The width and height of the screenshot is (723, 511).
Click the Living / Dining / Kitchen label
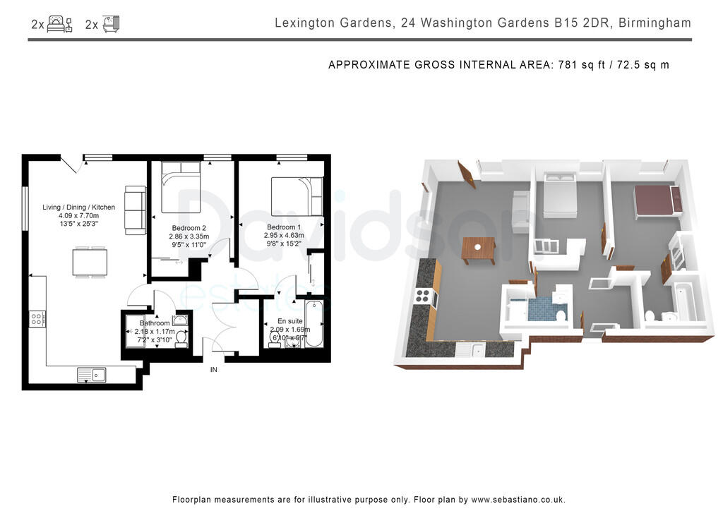78,208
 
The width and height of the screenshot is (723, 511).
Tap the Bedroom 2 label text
189,228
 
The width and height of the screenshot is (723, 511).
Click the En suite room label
289,321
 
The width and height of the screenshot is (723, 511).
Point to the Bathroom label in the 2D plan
155,323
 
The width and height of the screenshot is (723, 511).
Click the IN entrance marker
213,369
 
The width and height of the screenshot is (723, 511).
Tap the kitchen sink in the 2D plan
92,375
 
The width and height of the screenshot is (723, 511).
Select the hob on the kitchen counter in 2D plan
37,318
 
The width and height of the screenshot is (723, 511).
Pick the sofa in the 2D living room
134,210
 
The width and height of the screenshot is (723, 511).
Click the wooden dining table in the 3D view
479,249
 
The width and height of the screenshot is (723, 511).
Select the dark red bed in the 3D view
656,200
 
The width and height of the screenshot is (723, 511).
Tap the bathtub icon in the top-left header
112,25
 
